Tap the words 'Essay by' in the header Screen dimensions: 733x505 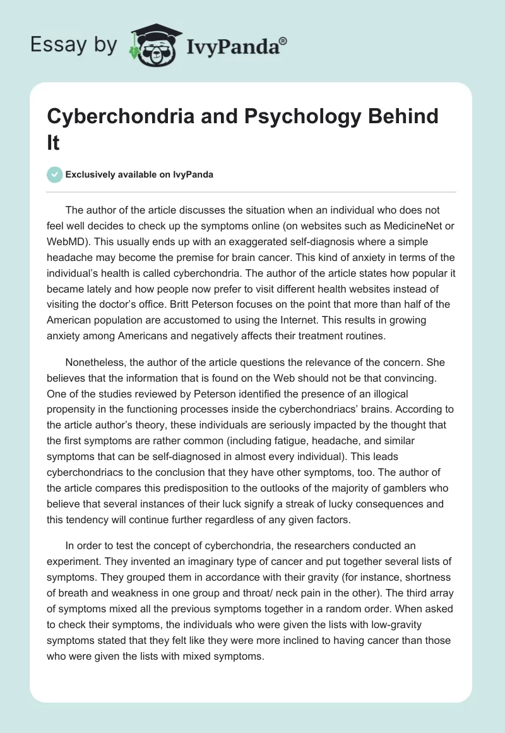click(74, 44)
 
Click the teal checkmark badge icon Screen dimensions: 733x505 click(54, 174)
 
